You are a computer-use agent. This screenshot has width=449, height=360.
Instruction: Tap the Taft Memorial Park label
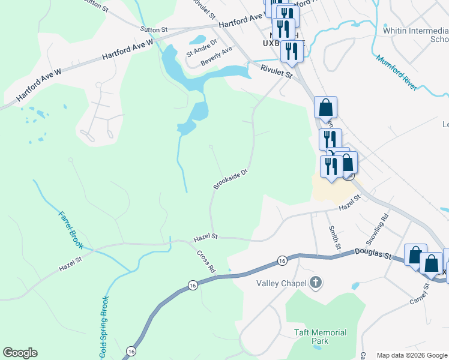tap(320, 337)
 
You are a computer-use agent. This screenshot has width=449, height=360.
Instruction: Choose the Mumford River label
tap(397, 73)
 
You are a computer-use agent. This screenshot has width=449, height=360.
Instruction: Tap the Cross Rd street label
tap(206, 261)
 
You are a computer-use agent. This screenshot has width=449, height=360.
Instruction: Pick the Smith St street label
tap(334, 238)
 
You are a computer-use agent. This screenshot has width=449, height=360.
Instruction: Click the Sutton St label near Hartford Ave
tap(154, 29)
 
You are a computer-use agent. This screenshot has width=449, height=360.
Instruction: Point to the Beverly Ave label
tap(216, 58)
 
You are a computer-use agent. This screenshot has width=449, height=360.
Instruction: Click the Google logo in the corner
tap(20, 353)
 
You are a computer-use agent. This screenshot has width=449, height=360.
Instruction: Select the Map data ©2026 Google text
tap(412, 355)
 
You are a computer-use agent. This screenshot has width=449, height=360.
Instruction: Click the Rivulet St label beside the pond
tap(276, 73)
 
